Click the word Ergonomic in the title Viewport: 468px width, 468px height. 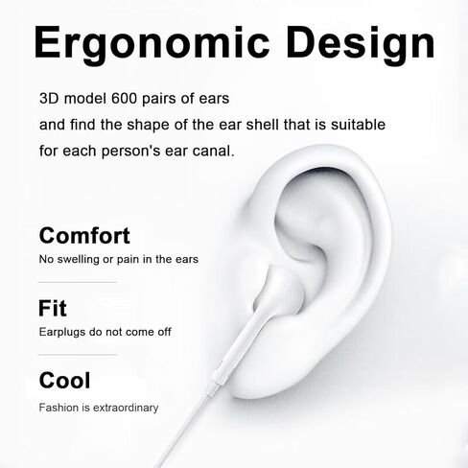tap(152, 44)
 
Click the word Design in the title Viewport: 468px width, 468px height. tap(361, 44)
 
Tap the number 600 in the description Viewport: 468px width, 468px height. tap(124, 99)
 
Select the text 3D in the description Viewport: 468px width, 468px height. tap(49, 99)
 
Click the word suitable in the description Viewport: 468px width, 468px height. tap(358, 125)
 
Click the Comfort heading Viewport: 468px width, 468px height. tap(84, 236)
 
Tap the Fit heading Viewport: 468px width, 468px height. tap(53, 308)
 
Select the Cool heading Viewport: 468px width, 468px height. tap(64, 380)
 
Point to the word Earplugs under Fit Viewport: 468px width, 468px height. tap(62, 332)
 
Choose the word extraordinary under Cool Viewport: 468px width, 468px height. tap(126, 408)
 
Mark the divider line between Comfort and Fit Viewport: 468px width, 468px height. tap(78, 282)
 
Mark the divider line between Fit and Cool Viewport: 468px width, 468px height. tap(78, 355)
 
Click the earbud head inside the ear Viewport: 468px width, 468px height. tap(281, 291)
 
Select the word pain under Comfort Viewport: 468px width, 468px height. tap(129, 259)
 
